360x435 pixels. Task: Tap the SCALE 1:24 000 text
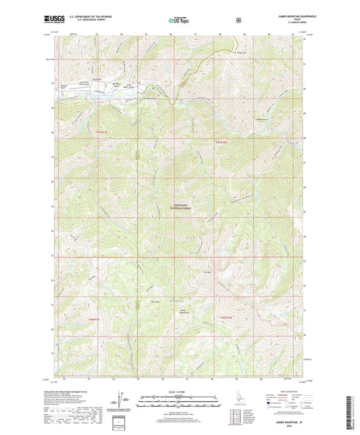(x=180, y=391)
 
